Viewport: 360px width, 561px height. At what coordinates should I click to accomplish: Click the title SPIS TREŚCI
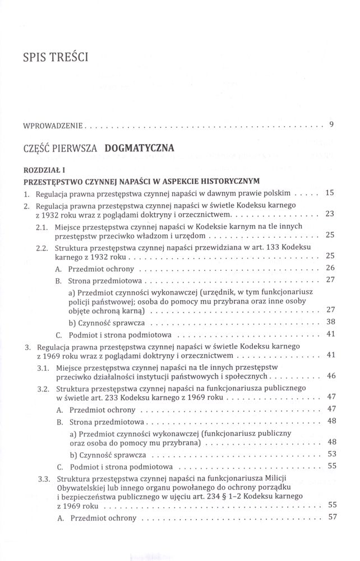click(57, 58)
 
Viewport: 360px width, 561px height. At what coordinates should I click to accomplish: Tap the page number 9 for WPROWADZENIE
click(332, 124)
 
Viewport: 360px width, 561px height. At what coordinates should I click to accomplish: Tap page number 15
click(330, 193)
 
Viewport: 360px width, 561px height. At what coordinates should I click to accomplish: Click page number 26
click(330, 268)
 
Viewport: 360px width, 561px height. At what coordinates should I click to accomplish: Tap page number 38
click(330, 322)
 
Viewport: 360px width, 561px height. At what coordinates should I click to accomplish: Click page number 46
click(330, 375)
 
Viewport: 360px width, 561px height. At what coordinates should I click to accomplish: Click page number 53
click(330, 453)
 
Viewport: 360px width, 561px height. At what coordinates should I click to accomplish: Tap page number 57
click(330, 517)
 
